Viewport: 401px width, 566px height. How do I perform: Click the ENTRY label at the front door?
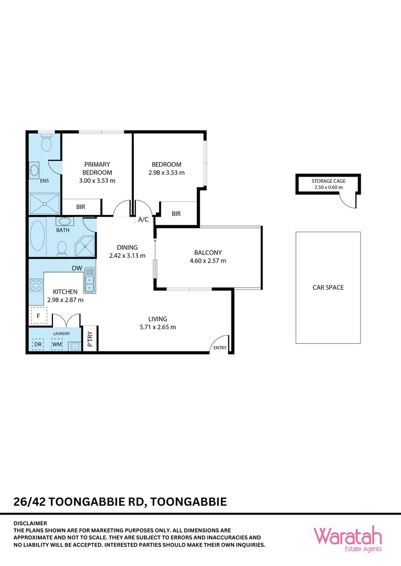point(219,347)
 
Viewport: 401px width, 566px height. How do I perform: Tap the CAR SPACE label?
point(328,287)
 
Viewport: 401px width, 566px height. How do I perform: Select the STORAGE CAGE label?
point(328,181)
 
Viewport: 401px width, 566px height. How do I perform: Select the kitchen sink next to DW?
point(90,279)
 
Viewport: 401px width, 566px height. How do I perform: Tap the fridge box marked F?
point(38,317)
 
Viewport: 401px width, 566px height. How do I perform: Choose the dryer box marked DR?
point(38,344)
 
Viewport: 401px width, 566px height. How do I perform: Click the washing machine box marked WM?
point(56,344)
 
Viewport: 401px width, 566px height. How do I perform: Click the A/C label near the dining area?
point(143,220)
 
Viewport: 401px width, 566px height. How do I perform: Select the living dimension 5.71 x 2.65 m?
point(157,327)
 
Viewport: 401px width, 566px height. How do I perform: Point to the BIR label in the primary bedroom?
point(80,207)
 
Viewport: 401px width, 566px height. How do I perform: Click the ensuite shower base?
point(44,203)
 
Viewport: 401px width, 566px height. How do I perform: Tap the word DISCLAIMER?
point(30,523)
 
